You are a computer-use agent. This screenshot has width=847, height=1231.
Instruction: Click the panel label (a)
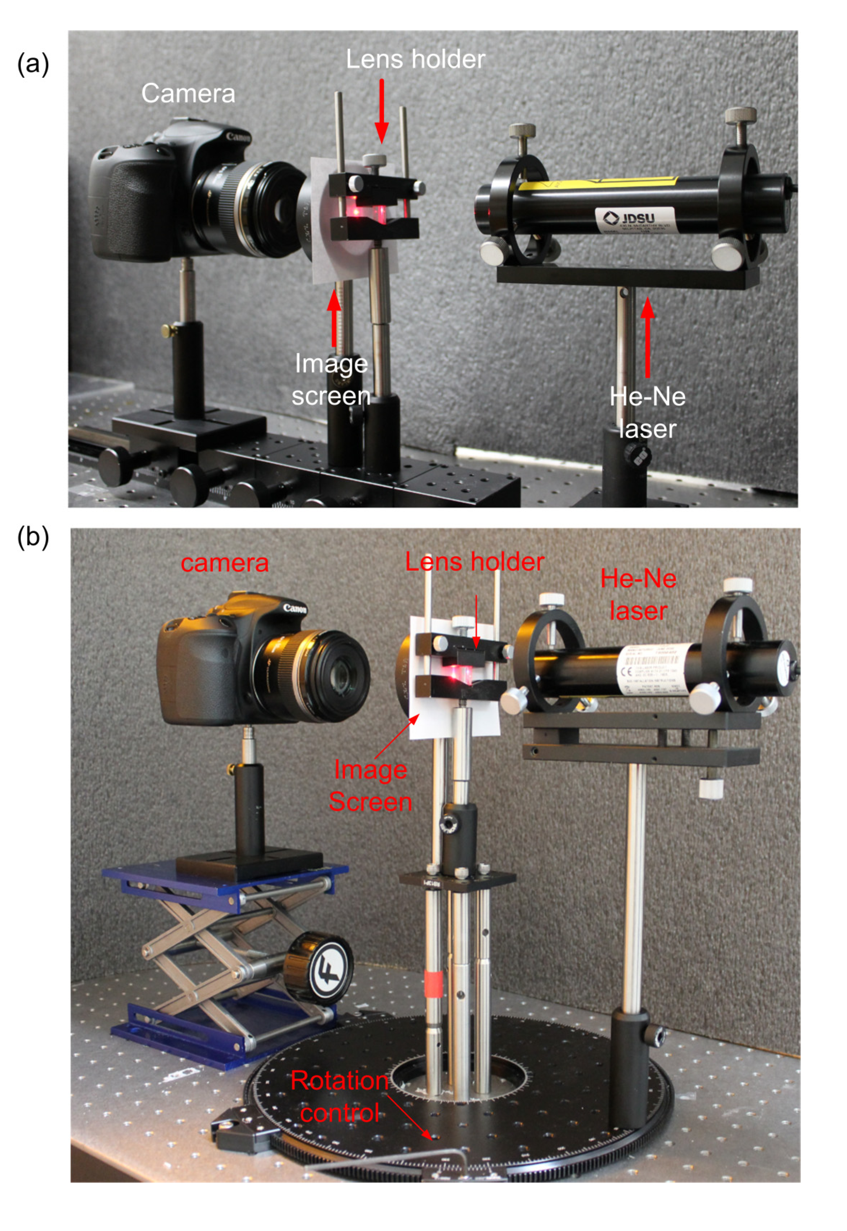point(33,64)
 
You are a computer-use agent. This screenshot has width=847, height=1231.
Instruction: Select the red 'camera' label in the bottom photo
point(225,563)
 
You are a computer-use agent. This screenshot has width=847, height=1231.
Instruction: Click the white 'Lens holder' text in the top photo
point(415,59)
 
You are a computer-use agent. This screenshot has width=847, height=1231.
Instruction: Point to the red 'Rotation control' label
point(340,1096)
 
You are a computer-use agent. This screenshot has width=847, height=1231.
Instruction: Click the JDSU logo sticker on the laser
point(634,219)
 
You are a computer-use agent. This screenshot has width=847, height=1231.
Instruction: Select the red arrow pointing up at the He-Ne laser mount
point(647,337)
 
